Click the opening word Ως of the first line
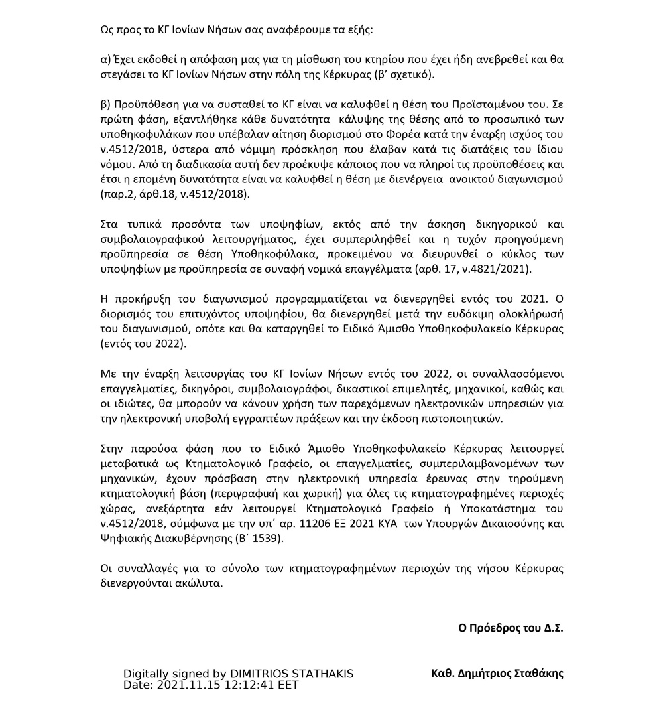click(107, 31)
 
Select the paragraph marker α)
click(106, 59)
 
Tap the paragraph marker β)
click(106, 104)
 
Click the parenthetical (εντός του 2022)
click(143, 344)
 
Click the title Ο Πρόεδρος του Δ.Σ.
click(511, 628)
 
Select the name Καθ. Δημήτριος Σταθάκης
click(497, 673)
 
